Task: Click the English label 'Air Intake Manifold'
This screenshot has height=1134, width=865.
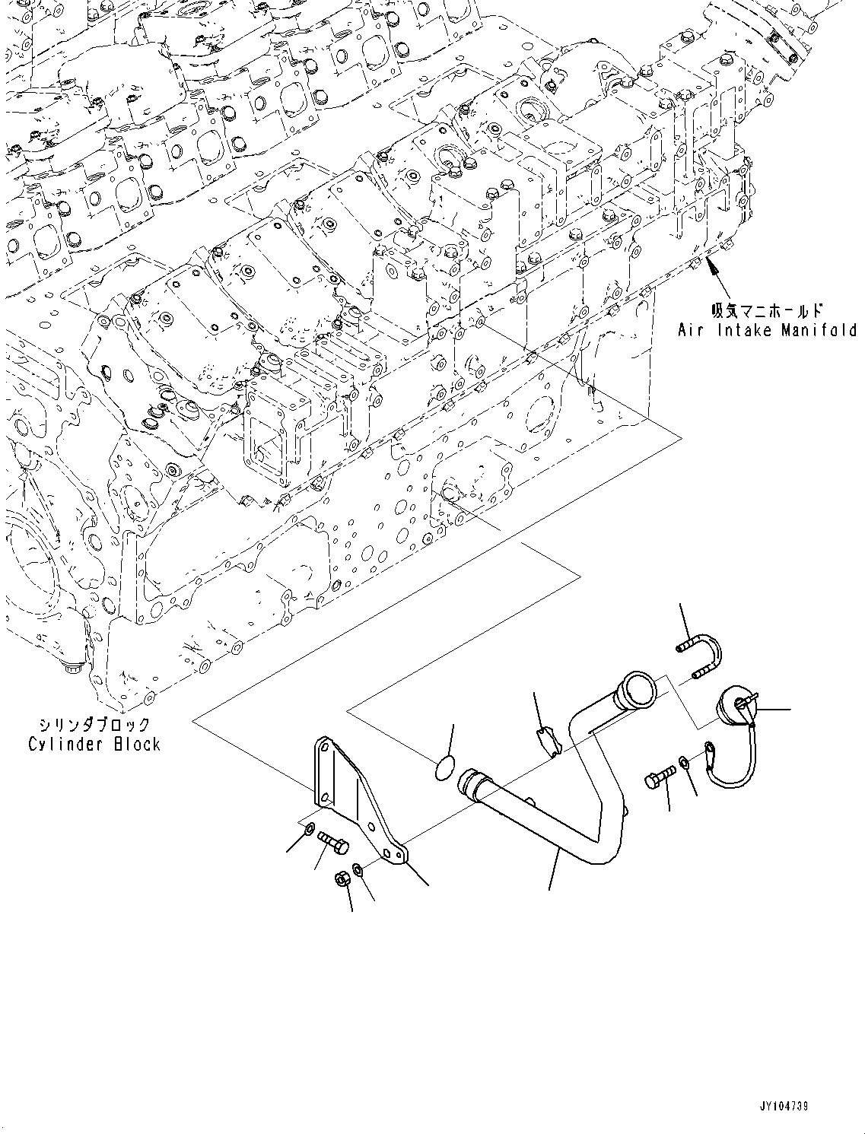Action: (767, 330)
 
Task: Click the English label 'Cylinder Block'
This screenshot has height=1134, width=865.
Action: (94, 744)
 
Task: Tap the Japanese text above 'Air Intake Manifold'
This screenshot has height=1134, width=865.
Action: (766, 310)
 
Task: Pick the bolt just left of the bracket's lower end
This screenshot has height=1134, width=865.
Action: (333, 842)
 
